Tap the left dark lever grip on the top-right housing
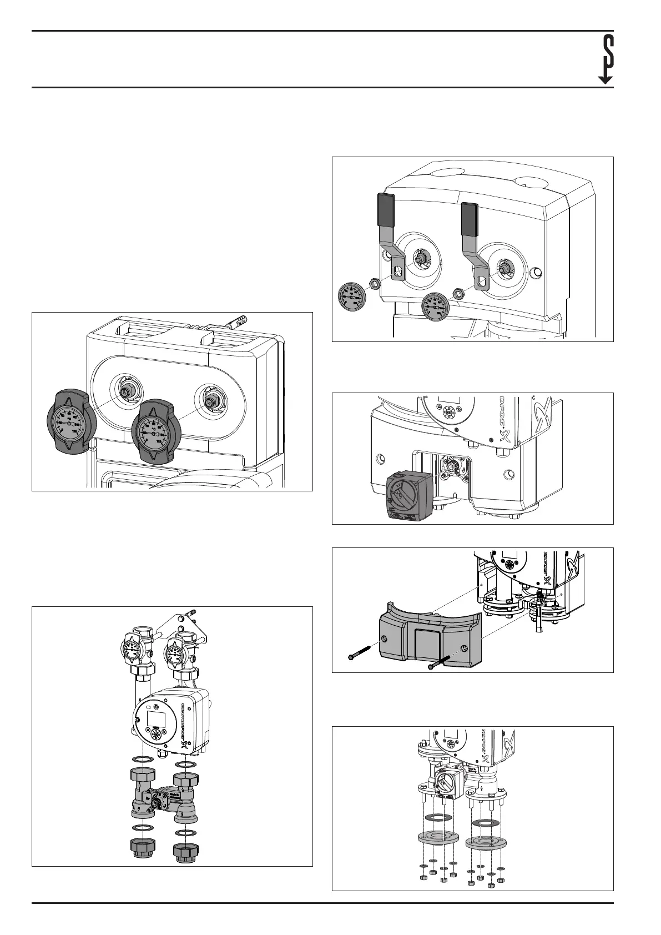click(x=385, y=207)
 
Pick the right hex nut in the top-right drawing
click(x=458, y=293)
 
